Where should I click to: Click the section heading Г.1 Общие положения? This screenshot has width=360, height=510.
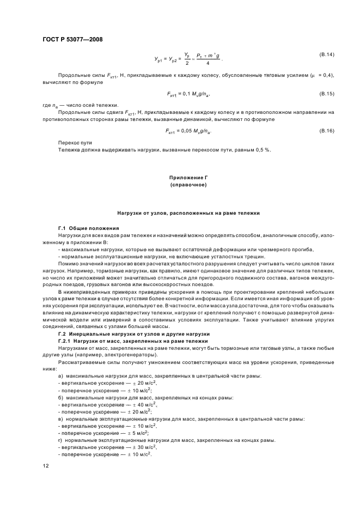85,227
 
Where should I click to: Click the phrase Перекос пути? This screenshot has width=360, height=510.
74,143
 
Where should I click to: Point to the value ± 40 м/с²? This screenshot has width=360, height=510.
138,405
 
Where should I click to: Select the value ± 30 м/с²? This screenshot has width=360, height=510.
138,446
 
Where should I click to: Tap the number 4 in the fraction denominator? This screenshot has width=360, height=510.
208,63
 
